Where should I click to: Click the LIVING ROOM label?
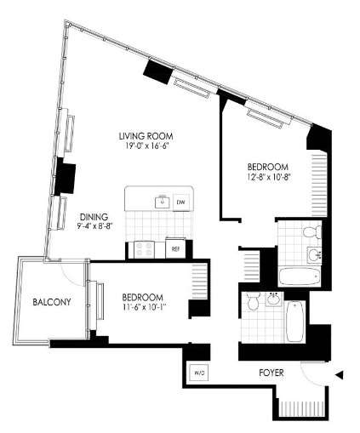click(x=146, y=136)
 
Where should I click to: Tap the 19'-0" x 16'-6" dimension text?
click(x=146, y=146)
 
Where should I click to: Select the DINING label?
click(x=94, y=217)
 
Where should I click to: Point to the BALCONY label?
click(x=52, y=302)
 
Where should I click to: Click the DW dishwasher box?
click(x=180, y=202)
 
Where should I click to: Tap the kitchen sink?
click(x=163, y=202)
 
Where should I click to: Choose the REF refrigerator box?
click(x=175, y=249)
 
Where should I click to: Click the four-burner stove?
click(x=144, y=249)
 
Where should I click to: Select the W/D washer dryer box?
click(x=199, y=372)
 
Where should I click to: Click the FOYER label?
click(x=271, y=373)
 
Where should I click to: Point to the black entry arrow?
click(x=340, y=375)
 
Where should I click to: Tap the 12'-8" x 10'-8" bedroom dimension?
click(x=268, y=177)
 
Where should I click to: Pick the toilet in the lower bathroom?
click(x=252, y=301)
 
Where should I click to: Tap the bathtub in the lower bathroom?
click(x=295, y=322)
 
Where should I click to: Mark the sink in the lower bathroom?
click(x=274, y=299)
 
